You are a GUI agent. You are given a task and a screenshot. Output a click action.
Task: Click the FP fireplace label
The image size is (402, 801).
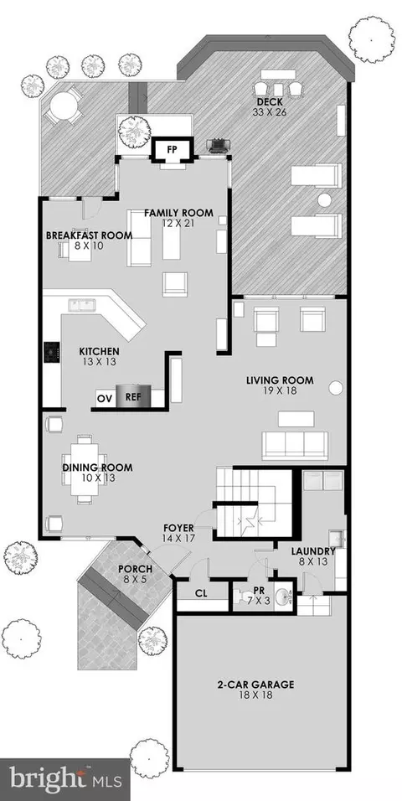pos(173,151)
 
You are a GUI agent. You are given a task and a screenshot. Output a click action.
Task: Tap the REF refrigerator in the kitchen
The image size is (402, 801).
pos(133,396)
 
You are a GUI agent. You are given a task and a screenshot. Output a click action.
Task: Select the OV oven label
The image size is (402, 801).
pos(105,398)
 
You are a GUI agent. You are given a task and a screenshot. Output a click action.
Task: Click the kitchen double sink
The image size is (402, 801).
pos(82,306)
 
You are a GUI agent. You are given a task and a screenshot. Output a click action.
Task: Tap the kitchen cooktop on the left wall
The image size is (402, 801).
pos(52,352)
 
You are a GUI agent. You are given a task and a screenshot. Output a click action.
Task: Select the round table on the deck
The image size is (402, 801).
pos(64,106)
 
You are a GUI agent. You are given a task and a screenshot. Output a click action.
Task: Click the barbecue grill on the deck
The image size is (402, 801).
pos(217,146)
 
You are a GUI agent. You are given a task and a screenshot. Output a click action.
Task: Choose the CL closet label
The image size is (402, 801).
pos(201,594)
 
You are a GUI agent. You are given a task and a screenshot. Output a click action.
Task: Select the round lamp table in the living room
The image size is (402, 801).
pos(335,388)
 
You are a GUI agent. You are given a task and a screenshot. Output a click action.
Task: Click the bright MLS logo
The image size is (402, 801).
pos(65,779)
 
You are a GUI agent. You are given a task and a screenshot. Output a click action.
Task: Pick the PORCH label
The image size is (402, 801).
pos(135,569)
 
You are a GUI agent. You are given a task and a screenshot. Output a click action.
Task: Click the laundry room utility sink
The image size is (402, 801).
pos(338,540)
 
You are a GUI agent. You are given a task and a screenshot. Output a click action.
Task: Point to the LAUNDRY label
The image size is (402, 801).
pos(313,551)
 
